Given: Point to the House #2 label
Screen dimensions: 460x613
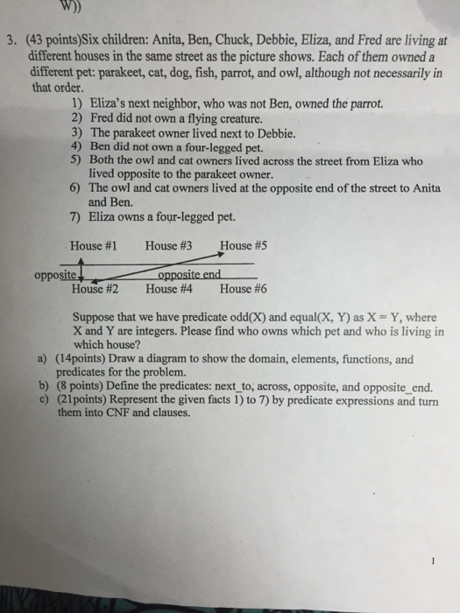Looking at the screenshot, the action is click(96, 286).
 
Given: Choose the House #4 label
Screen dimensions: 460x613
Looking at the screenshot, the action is click(169, 286).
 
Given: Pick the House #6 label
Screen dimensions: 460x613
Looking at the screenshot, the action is click(243, 286).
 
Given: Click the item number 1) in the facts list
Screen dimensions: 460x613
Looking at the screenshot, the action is click(74, 103).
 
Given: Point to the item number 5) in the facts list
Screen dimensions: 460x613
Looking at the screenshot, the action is click(74, 161).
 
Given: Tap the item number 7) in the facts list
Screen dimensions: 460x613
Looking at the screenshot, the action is click(74, 216).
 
